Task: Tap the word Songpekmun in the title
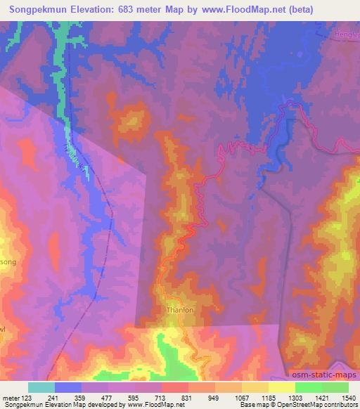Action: coord(38,9)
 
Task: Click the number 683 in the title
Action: coord(131,9)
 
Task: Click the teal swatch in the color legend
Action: coord(41,387)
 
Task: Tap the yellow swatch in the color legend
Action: coord(281,387)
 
